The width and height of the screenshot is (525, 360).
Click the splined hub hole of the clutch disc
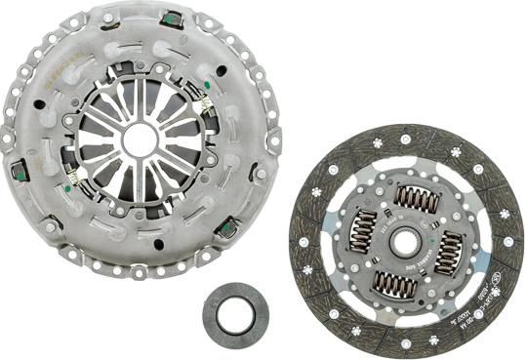407,236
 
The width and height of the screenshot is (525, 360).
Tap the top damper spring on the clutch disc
416,201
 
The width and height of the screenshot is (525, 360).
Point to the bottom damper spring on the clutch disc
395,283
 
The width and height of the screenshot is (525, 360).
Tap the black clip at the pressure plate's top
176,20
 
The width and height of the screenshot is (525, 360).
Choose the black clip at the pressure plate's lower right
229,229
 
